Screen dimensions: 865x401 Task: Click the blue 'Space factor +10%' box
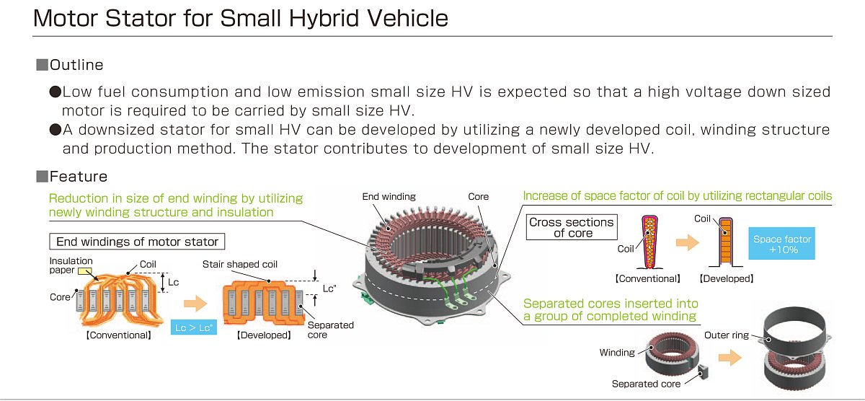[x=781, y=243]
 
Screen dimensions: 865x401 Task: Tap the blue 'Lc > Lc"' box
[x=193, y=327]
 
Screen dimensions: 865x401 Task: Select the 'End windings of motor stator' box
[x=137, y=242]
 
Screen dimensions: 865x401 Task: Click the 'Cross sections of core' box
[x=572, y=227]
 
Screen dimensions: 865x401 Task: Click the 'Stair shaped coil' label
[x=240, y=264]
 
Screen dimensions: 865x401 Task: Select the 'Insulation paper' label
[x=71, y=265]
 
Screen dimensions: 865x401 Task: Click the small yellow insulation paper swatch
[x=84, y=271]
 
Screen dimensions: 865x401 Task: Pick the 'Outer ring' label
[x=727, y=335]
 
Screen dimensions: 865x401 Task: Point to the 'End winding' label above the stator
[x=389, y=197]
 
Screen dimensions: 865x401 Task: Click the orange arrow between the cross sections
[x=688, y=243]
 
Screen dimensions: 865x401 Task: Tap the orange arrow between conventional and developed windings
[x=195, y=303]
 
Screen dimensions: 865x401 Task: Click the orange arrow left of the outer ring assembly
[x=729, y=357]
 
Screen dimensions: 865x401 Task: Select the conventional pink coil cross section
[x=649, y=242]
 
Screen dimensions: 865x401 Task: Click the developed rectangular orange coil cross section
[x=726, y=242]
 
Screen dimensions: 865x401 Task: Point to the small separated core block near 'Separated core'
[x=703, y=372]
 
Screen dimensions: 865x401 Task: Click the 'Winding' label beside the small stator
[x=617, y=353]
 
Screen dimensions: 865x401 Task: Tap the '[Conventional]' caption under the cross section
[x=647, y=278]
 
